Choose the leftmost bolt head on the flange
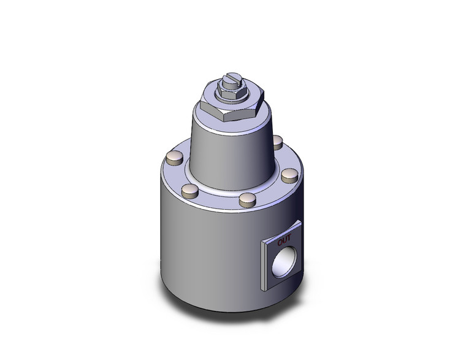coord(174,159)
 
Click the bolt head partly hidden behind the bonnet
coord(277,142)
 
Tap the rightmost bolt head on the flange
coord(289,176)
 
